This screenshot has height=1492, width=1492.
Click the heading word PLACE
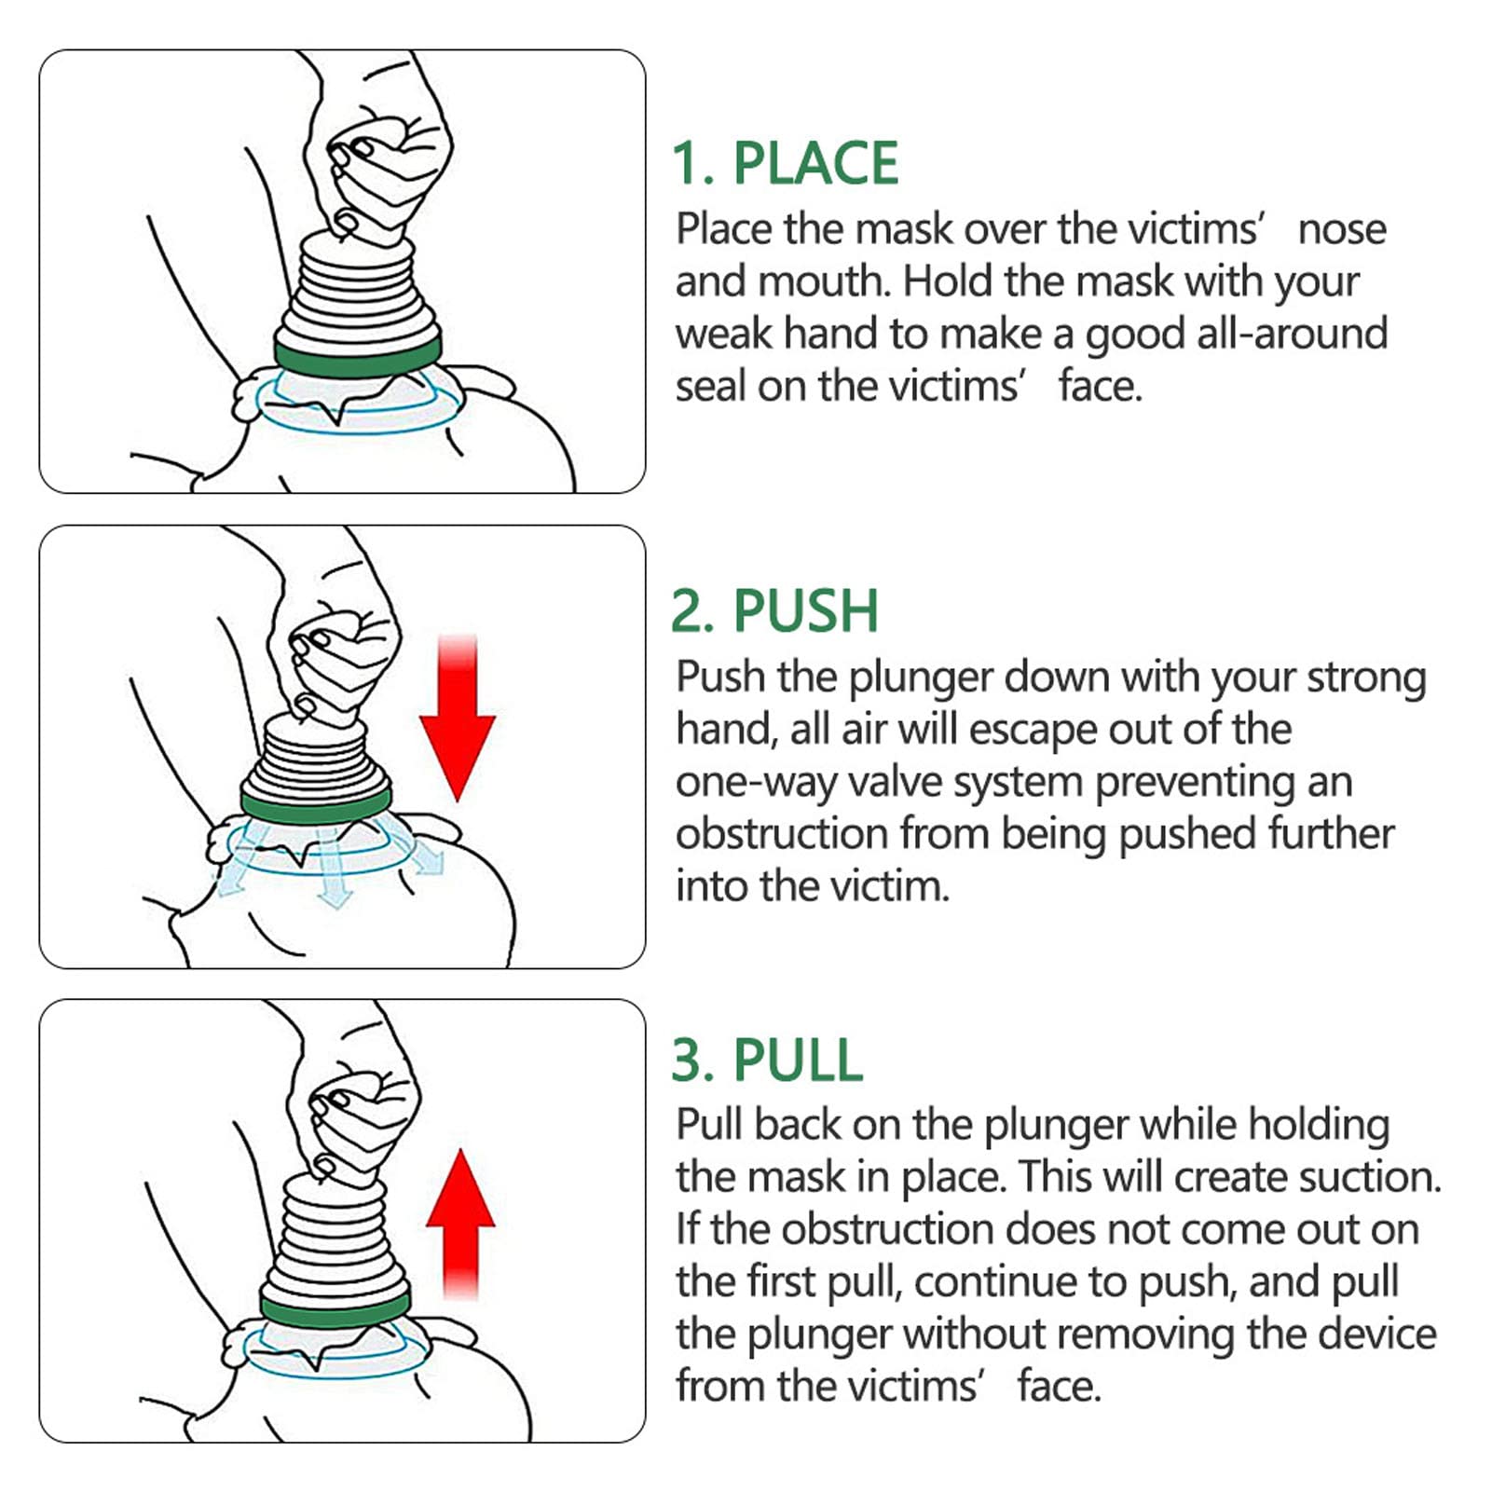[x=815, y=164]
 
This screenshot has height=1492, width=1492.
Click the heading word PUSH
[x=805, y=612]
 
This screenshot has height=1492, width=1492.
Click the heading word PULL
[x=798, y=1061]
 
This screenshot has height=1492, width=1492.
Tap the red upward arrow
[x=460, y=1221]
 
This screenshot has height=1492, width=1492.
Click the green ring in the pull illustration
[x=335, y=1310]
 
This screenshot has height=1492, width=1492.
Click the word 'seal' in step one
[x=710, y=386]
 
